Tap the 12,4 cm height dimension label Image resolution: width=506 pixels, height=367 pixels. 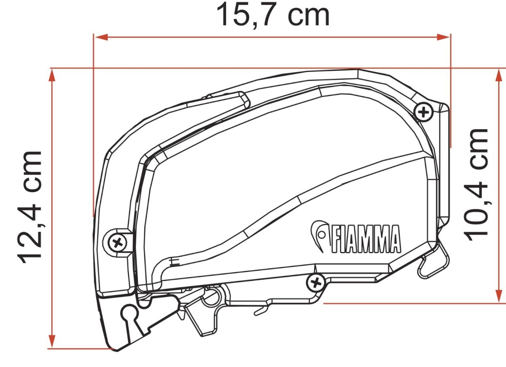30,207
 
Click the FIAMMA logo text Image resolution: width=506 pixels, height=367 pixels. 366,239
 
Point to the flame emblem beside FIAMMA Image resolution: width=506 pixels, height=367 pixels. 319,235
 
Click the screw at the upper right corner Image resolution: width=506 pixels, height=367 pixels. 423,112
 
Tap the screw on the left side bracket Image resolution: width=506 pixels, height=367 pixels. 117,243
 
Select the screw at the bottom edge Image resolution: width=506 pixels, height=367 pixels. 315,283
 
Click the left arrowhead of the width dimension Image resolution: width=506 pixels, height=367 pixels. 101,37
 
